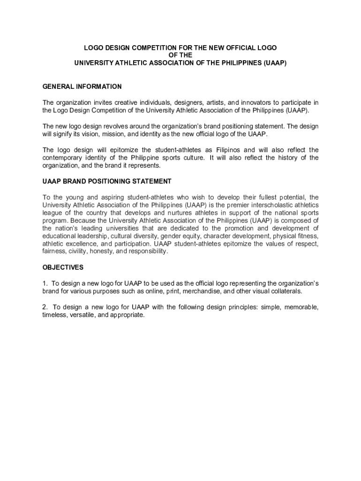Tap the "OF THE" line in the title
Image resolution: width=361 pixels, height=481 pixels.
[180, 55]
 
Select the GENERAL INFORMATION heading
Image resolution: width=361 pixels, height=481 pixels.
[82, 86]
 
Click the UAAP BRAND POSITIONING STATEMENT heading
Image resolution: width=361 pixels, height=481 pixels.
[107, 181]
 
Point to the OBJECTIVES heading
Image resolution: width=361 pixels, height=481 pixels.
[63, 267]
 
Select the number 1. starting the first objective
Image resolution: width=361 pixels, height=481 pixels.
[45, 283]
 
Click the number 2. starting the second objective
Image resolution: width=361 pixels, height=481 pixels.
[45, 307]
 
